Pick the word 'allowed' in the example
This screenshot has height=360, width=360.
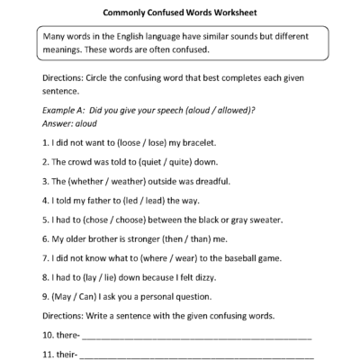[238, 110]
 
